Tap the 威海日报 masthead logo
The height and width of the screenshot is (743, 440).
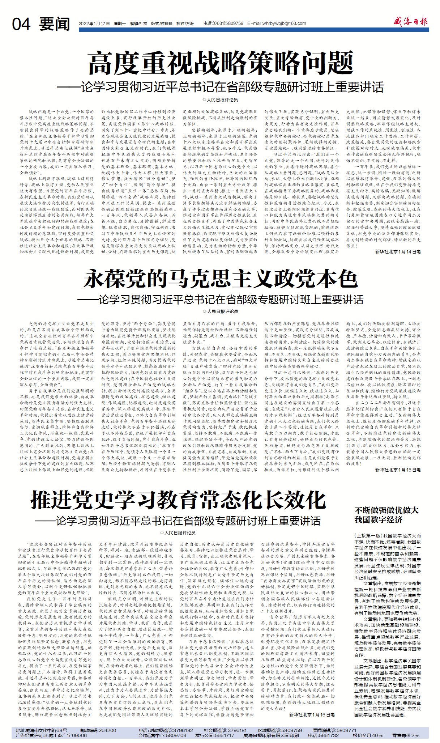[411, 22]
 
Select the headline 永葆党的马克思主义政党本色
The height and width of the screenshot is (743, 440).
[220, 279]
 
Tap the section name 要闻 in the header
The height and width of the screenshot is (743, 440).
[55, 24]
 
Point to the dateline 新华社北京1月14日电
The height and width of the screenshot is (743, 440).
[398, 251]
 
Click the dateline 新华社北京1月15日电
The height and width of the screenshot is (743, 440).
[398, 470]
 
